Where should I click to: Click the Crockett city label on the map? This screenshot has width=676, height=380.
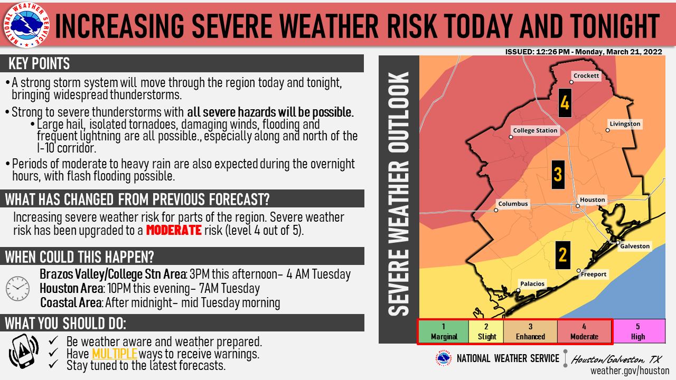(586, 76)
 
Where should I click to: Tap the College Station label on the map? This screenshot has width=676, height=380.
(535, 130)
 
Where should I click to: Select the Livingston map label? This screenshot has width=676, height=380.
(625, 124)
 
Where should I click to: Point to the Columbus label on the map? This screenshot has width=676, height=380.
(513, 204)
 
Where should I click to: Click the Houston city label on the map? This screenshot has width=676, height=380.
(592, 200)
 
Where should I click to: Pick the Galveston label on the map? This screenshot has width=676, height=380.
(635, 246)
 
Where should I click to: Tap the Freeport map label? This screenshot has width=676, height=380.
(594, 274)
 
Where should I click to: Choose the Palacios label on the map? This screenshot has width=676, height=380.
(532, 284)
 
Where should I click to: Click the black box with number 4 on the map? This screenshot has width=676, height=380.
(565, 102)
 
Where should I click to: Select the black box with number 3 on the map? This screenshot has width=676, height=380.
(558, 174)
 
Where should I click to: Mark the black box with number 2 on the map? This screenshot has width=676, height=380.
(562, 255)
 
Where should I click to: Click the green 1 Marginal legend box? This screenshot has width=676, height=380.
(444, 332)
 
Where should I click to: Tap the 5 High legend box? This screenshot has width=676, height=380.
(638, 332)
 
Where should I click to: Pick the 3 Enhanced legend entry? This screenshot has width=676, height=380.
(530, 332)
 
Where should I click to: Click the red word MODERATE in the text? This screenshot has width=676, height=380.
(174, 231)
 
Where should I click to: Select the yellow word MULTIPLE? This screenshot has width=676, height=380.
(114, 354)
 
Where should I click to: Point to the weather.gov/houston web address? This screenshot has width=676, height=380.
(630, 370)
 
